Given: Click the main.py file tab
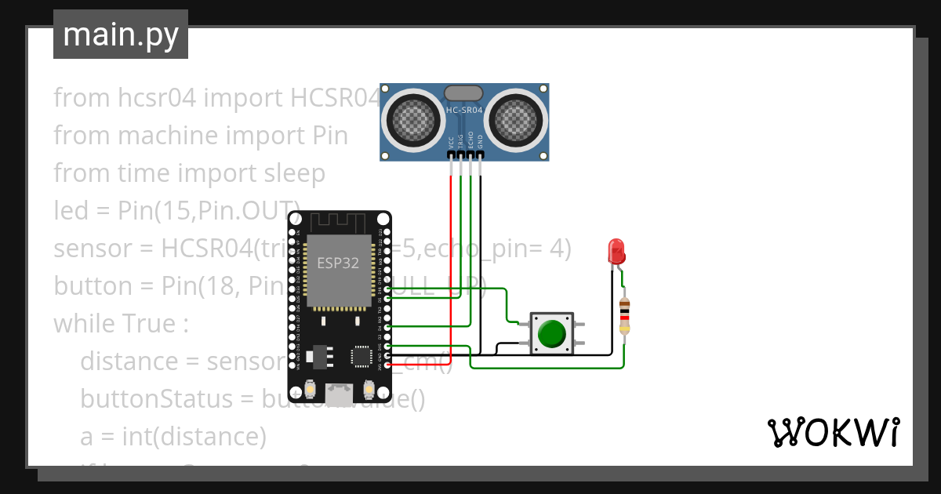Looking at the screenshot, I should pos(120,35).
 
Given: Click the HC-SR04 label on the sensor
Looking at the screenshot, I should pos(464,111).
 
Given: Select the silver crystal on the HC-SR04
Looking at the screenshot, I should pos(464,93).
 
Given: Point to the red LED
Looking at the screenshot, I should pos(616,252).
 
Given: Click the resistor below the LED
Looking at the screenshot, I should pos(624,316).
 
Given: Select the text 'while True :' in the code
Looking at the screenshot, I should pos(121,324).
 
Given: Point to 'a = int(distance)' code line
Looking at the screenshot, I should pos(173,437).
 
